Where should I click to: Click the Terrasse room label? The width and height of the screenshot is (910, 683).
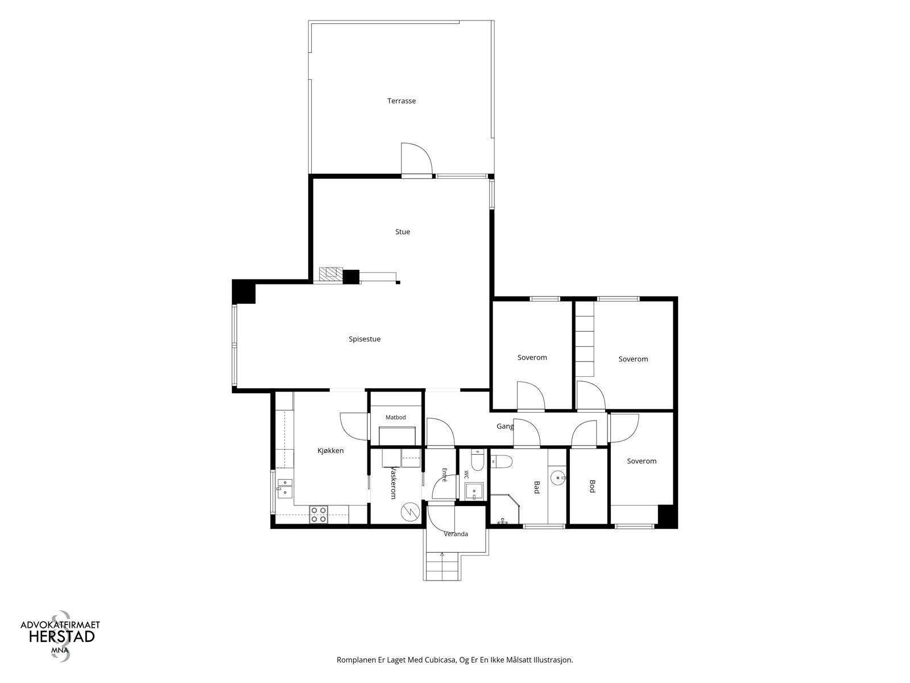pos(402,101)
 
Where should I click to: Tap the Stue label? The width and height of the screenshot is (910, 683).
pos(403,232)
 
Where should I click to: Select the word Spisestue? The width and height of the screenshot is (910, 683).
pos(365,339)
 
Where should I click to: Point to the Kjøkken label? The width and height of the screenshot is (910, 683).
pos(330,451)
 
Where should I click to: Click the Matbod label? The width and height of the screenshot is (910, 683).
pos(395,417)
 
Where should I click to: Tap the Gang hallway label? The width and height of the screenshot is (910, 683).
pos(505,426)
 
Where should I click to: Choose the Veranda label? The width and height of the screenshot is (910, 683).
pos(456,534)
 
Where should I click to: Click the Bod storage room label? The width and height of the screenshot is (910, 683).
pos(593,487)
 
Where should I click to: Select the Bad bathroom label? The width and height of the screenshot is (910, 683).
pos(536,487)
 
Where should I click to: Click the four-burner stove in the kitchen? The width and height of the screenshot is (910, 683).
pos(318,514)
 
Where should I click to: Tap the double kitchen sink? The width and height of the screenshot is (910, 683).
pos(285,488)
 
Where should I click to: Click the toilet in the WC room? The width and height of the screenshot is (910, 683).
pos(478,460)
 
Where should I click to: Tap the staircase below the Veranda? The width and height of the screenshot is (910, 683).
pos(442,566)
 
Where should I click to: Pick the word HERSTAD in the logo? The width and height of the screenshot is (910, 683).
pos(62,636)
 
